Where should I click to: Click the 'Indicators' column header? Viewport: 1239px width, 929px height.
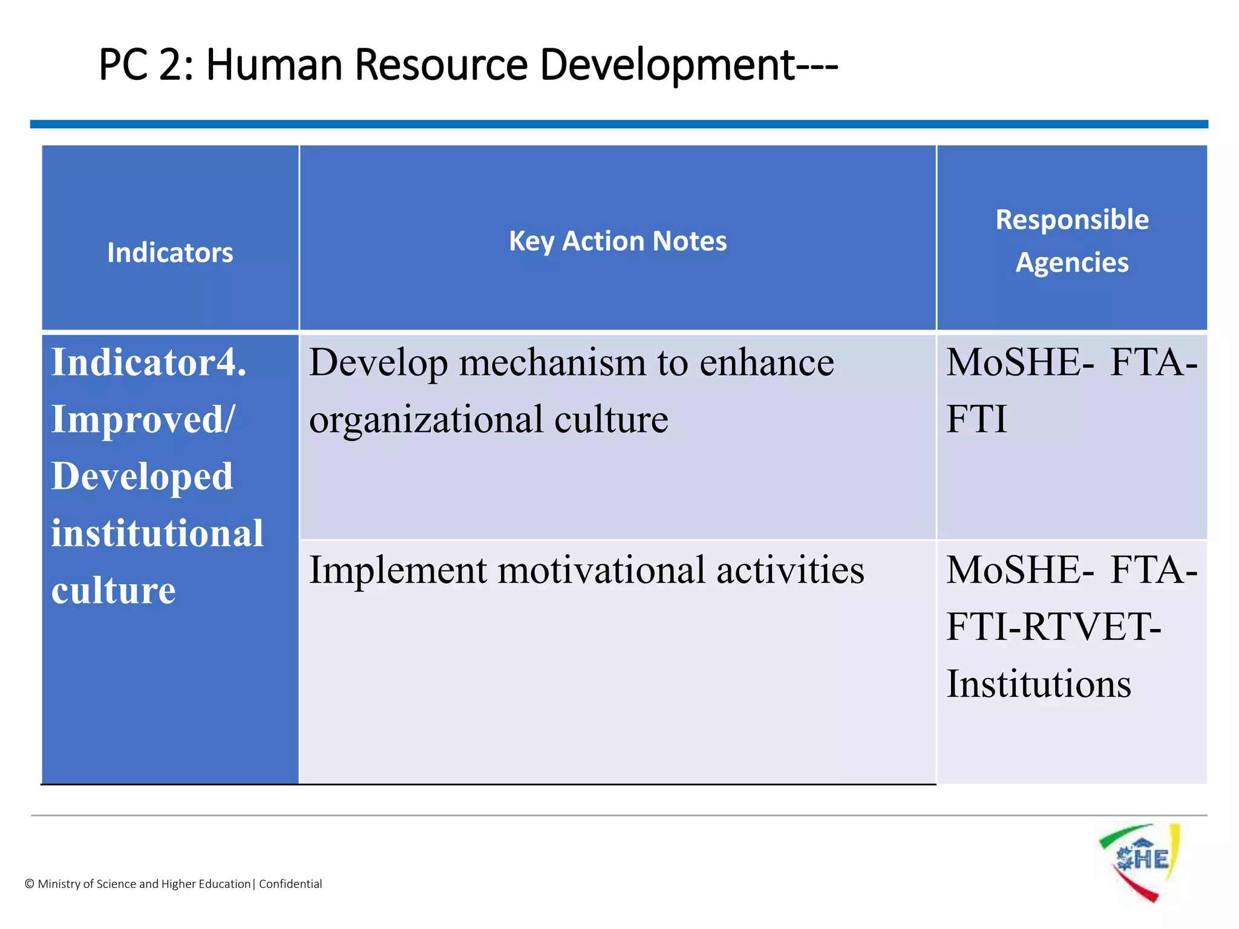point(170,253)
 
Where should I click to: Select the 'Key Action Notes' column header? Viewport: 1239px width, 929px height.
point(618,241)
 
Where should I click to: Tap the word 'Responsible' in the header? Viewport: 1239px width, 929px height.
point(1072,220)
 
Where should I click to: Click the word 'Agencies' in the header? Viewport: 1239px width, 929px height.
point(1072,262)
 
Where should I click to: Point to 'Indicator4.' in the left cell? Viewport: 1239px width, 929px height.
point(149,363)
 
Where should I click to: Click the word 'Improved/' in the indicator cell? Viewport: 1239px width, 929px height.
point(143,419)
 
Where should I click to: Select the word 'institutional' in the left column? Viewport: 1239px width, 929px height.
point(157,533)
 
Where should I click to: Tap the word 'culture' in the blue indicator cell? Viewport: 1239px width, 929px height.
point(114,590)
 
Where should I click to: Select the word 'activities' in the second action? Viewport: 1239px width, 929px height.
point(790,570)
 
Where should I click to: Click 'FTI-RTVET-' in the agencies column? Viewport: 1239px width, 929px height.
point(1053,627)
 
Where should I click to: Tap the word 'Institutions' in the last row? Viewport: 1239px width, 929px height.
point(1038,684)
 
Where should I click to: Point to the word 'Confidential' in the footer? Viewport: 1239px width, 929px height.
point(290,884)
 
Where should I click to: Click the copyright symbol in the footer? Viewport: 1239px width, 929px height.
point(30,884)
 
